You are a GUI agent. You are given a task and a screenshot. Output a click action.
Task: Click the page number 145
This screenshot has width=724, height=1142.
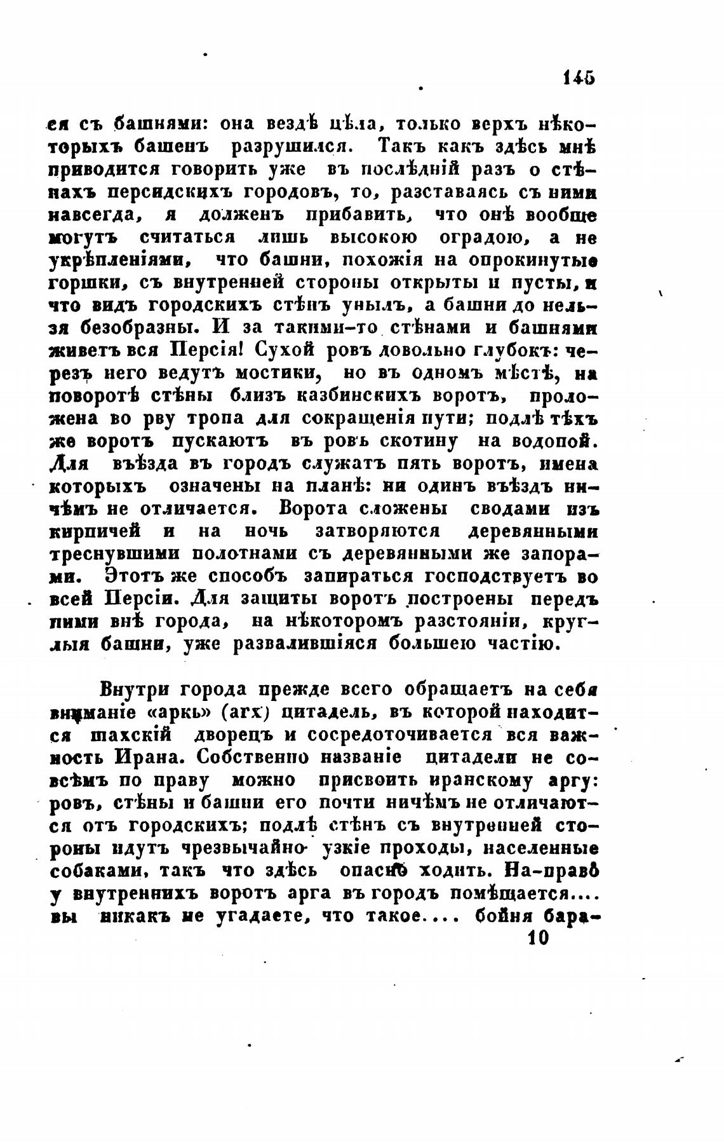[578, 78]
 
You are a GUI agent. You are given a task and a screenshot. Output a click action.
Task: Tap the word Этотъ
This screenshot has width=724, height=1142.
[133, 578]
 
